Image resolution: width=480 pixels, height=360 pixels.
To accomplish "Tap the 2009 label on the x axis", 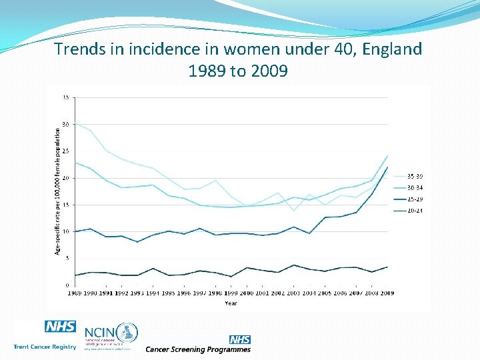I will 387,293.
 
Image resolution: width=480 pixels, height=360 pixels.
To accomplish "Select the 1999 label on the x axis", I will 231,293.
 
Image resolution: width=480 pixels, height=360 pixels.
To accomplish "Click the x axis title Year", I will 231,303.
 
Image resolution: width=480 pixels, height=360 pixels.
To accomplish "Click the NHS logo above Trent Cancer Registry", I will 60,327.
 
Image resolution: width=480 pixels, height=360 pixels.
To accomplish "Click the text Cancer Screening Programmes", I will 198,349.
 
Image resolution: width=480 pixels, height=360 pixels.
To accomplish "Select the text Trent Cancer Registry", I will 44,347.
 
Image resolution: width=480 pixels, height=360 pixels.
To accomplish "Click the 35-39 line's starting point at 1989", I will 75,123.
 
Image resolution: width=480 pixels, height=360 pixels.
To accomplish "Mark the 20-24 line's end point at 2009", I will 387,267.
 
